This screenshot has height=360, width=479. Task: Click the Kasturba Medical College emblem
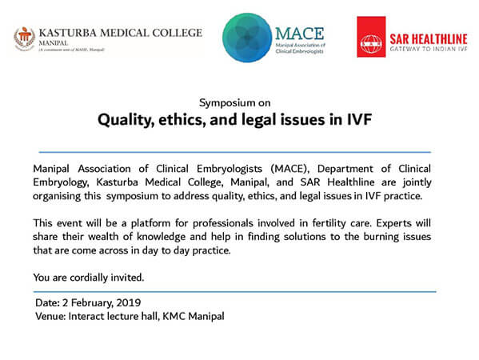(25, 39)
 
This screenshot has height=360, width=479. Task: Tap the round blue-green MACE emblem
(247, 38)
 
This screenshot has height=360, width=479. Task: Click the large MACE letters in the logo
(300, 34)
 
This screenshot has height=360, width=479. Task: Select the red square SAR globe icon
(371, 37)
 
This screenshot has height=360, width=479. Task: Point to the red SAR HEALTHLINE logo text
(429, 39)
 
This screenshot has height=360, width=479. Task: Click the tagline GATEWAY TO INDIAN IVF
(429, 49)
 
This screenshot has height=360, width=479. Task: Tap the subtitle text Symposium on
(234, 103)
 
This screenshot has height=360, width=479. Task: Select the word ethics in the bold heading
(182, 119)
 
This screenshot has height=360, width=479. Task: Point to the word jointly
(417, 182)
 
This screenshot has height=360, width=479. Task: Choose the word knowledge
(161, 237)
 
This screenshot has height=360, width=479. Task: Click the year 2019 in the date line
(128, 302)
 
